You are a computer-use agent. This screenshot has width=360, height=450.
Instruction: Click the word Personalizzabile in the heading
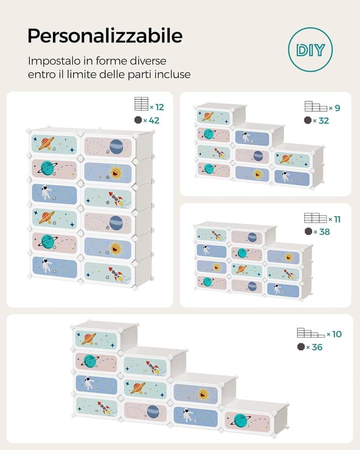[105, 35]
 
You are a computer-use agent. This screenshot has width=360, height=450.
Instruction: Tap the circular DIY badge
[310, 49]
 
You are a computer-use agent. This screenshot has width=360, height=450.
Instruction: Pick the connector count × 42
[152, 120]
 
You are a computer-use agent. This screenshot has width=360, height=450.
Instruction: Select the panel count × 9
[336, 107]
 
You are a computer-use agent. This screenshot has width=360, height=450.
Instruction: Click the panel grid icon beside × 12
[141, 104]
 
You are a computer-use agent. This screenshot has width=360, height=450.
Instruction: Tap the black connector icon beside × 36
[300, 347]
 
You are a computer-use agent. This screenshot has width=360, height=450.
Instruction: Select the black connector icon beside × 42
[138, 120]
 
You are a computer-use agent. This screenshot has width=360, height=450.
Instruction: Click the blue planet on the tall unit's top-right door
[116, 147]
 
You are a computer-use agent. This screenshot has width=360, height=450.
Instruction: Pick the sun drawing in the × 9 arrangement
[259, 174]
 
